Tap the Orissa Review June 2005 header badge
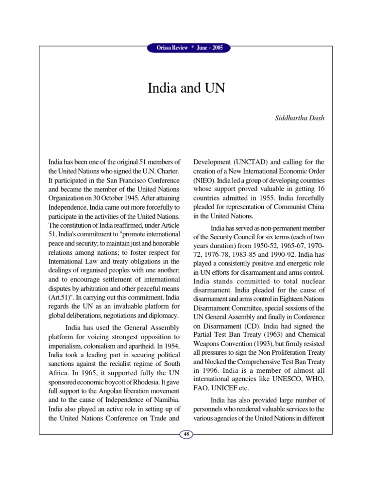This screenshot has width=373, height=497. [186, 48]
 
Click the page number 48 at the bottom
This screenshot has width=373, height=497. [186, 433]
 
